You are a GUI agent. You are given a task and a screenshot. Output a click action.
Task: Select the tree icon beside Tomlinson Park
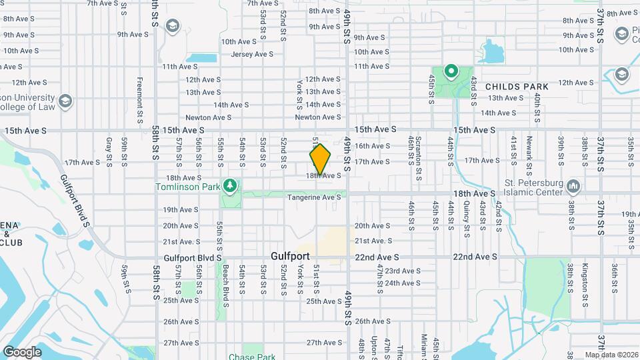(231, 185)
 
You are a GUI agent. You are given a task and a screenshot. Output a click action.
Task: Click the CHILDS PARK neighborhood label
(517, 87)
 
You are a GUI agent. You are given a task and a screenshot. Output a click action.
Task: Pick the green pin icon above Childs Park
(451, 70)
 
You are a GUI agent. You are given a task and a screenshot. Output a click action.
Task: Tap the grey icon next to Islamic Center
(573, 185)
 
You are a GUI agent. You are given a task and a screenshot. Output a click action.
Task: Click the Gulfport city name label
(291, 255)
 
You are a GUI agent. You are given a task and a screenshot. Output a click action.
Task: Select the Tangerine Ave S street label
(314, 197)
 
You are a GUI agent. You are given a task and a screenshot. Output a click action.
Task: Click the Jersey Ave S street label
(252, 54)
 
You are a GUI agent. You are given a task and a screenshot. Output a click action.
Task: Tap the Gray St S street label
(108, 153)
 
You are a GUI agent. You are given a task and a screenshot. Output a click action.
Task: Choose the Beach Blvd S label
(225, 280)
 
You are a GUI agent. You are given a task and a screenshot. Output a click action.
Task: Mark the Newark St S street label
(529, 153)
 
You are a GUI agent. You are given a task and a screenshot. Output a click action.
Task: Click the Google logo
(22, 351)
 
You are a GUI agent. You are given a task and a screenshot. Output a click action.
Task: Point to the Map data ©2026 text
(610, 355)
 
